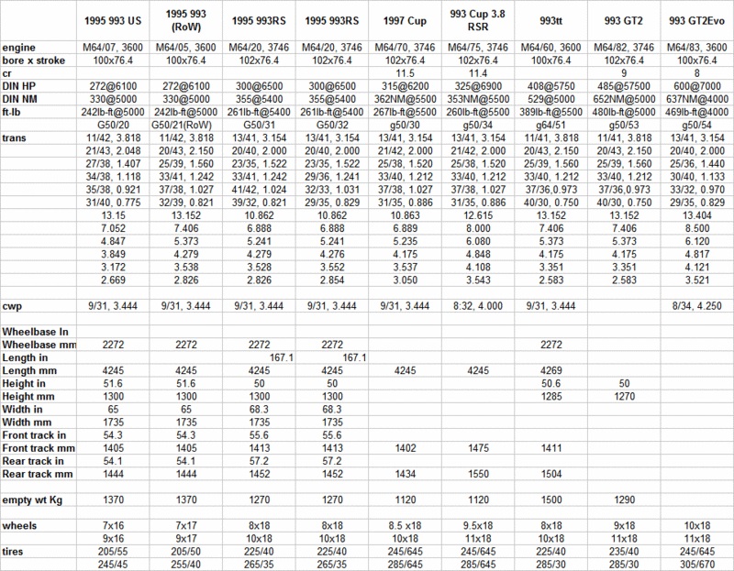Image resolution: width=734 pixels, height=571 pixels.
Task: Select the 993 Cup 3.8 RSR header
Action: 478,19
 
